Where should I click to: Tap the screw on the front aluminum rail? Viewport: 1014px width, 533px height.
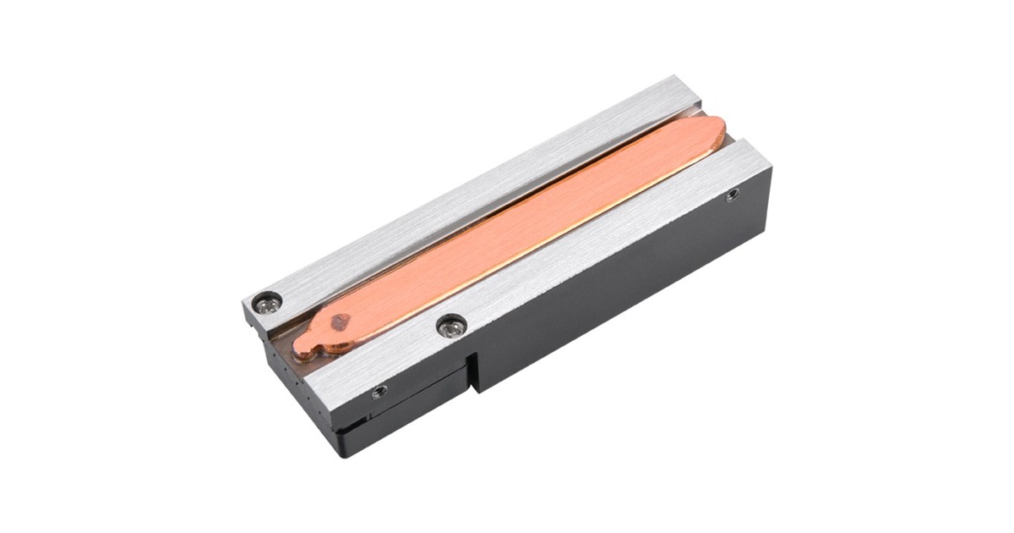tap(450, 323)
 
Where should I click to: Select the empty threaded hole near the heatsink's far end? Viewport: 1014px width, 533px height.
tap(732, 195)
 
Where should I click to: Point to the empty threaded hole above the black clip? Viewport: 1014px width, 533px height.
tap(379, 391)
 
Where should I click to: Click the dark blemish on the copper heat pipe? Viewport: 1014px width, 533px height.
tap(341, 321)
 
